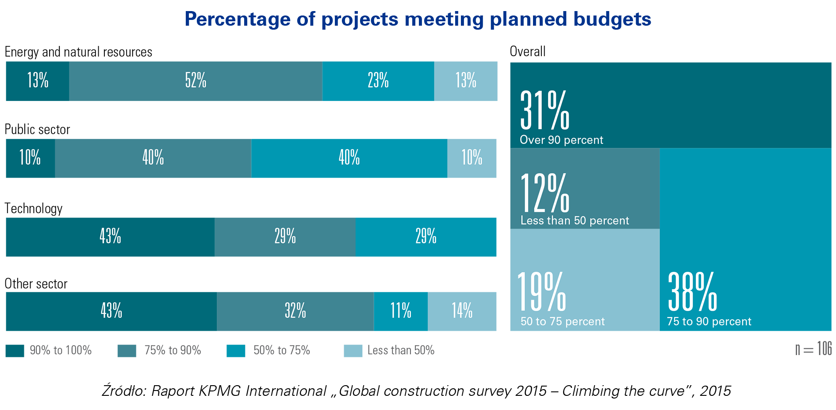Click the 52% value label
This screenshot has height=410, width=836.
pos(196,80)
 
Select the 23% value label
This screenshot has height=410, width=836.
pos(378,80)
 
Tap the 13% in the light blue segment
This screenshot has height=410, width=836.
pos(466,80)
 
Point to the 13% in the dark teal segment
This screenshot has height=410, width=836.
pos(38,80)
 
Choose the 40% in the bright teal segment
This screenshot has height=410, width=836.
pos(349,157)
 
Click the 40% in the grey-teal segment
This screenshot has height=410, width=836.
pos(153,157)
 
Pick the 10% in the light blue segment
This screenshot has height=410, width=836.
pos(472,157)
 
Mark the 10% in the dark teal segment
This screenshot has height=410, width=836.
pos(30,157)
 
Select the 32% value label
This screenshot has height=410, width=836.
pos(295,310)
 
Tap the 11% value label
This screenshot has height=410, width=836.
pos(401,310)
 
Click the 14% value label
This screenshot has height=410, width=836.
pos(462,310)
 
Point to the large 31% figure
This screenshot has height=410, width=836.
pos(545,110)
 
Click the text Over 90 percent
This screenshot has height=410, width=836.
pos(561,140)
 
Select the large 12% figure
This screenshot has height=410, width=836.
pos(545,193)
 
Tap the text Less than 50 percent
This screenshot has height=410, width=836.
pos(575,220)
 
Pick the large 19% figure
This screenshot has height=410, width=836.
pos(541,292)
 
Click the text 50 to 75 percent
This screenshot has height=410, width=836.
pos(562,321)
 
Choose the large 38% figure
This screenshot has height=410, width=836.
pos(692,292)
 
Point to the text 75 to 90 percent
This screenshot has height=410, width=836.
pos(709,321)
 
